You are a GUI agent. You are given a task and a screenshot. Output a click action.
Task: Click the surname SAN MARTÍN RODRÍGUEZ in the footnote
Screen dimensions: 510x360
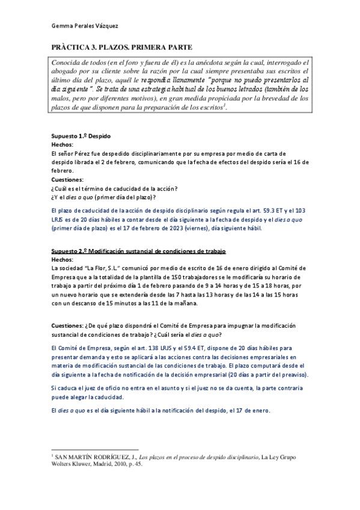coord(93,458)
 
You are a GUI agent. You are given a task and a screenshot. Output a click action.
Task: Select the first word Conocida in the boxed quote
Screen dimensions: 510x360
coord(69,63)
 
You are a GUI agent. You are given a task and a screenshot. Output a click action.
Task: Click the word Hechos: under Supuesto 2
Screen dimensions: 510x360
coord(62,259)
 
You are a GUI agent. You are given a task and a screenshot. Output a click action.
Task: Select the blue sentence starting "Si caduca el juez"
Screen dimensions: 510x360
coord(180,376)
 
